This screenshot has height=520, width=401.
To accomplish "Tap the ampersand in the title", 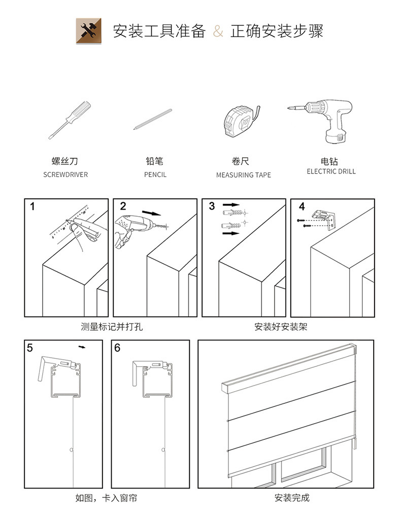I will [217, 31].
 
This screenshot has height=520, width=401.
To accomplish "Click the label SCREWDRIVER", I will [65, 175].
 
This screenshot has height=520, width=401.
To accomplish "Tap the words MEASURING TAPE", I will [244, 175].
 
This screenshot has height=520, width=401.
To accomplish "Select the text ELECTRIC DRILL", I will [331, 171].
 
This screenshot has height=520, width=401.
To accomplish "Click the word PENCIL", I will [155, 175].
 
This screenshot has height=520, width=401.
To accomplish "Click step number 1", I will [33, 206].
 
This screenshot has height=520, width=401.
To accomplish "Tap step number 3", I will [212, 206].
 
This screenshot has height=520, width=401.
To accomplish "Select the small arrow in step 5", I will [82, 348].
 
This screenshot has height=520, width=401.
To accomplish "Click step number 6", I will [117, 348].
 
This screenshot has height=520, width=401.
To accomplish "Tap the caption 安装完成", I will [292, 498].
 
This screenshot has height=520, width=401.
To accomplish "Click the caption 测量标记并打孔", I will [112, 327].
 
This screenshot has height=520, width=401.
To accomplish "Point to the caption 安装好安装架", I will [281, 327].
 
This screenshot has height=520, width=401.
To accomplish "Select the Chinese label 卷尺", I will [241, 161].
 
